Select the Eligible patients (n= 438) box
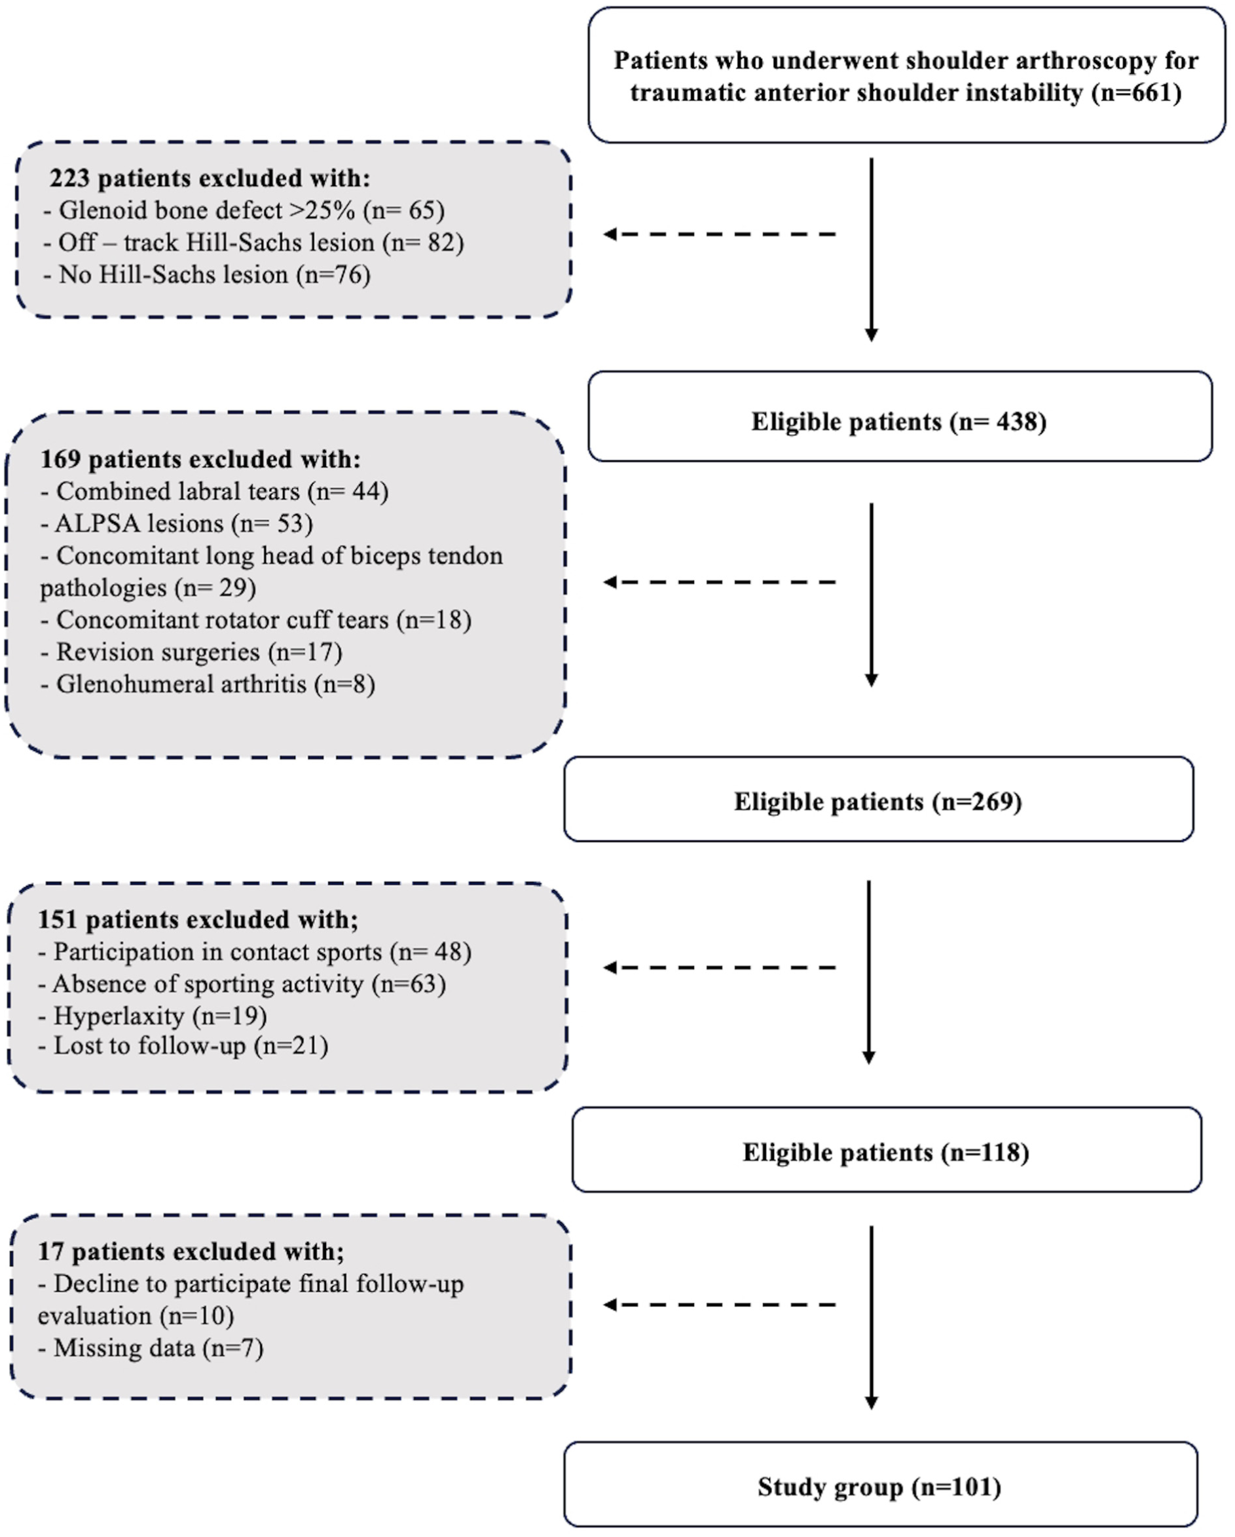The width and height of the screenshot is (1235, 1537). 900,417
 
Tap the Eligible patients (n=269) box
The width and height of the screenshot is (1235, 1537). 879,799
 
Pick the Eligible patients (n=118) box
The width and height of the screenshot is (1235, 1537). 887,1149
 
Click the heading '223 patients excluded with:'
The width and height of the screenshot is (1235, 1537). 210,178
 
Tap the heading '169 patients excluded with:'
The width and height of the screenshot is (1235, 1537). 200,459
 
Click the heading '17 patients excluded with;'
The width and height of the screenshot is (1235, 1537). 191,1252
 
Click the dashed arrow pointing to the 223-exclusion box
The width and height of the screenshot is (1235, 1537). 719,234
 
